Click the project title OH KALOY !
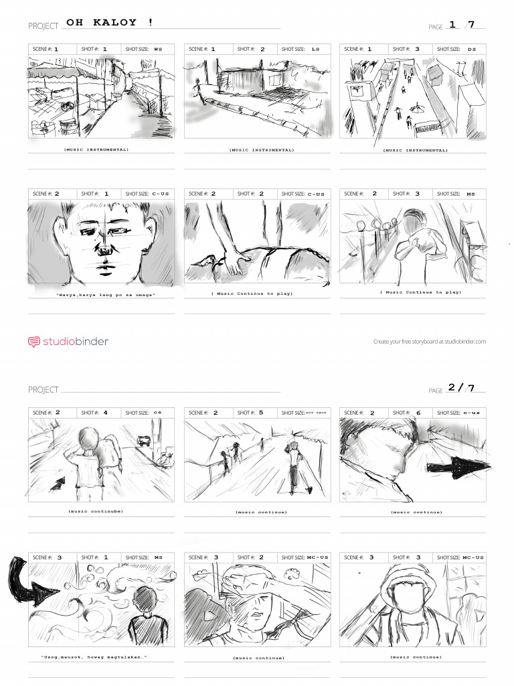click(x=110, y=23)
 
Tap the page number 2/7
click(x=460, y=387)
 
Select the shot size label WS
click(x=158, y=49)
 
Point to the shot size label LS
click(x=315, y=49)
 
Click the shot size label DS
click(x=472, y=49)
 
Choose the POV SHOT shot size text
click(x=315, y=413)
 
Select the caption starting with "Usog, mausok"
click(x=94, y=657)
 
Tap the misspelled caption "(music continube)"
click(x=95, y=511)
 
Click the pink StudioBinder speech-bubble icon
click(x=33, y=342)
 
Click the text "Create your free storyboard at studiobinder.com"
click(x=429, y=342)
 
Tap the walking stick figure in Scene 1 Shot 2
click(x=197, y=88)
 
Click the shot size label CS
click(x=157, y=413)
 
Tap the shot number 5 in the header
click(x=261, y=413)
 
